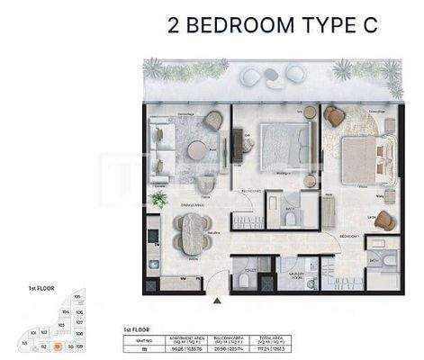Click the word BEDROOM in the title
point(239,25)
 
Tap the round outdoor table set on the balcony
point(267,76)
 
